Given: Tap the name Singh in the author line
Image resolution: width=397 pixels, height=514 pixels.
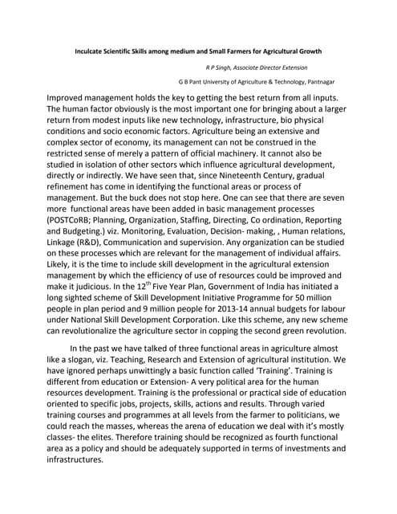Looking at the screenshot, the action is pyautogui.click(x=229, y=69).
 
